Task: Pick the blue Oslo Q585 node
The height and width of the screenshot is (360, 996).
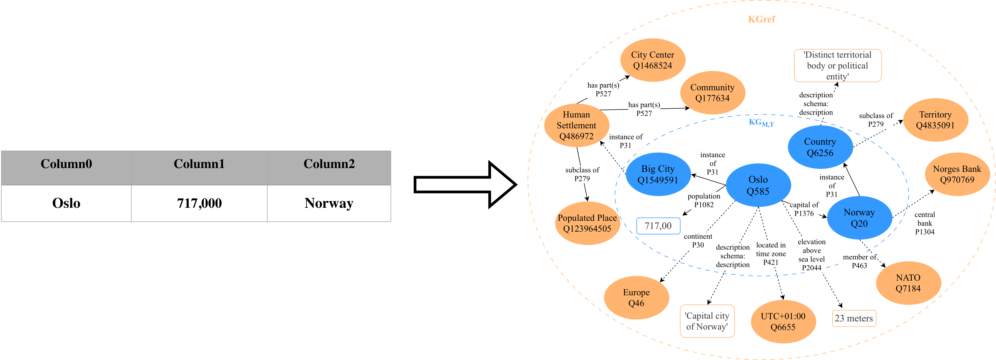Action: [758, 185]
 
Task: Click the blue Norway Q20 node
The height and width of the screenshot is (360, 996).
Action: [859, 218]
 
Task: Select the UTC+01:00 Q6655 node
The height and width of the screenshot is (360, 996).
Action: [783, 321]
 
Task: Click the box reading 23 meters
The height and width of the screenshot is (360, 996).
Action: [854, 318]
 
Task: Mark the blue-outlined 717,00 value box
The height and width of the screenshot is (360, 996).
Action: [658, 226]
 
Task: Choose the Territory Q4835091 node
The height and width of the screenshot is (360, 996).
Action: [935, 120]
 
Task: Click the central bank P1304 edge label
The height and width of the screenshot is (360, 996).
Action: [925, 223]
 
